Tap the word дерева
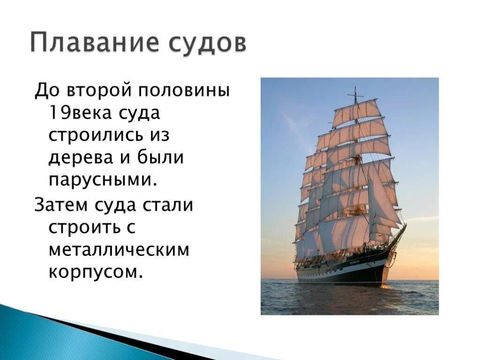81,158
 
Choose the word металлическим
119,249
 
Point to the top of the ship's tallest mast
355,87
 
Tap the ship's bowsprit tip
406,225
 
